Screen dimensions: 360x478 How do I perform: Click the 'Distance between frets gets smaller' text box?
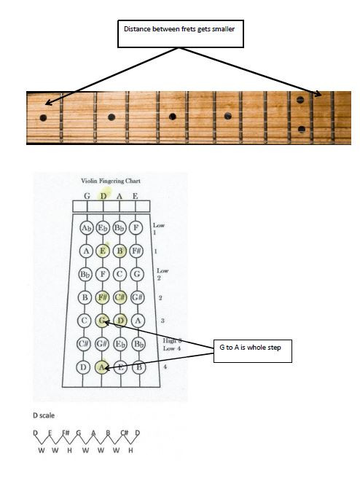pyautogui.click(x=181, y=34)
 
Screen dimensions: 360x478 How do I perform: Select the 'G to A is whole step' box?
pyautogui.click(x=252, y=351)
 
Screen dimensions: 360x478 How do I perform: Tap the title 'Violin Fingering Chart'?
pyautogui.click(x=111, y=181)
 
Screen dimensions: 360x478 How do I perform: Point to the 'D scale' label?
pyautogui.click(x=44, y=415)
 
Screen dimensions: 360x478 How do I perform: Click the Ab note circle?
pyautogui.click(x=87, y=228)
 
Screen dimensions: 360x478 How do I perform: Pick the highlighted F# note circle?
pyautogui.click(x=103, y=297)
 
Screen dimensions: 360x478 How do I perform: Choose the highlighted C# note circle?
pyautogui.click(x=120, y=297)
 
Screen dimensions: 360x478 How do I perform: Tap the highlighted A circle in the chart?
pyautogui.click(x=101, y=367)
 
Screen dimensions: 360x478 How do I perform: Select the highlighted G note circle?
pyautogui.click(x=102, y=321)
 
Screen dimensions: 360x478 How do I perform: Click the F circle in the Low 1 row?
pyautogui.click(x=136, y=227)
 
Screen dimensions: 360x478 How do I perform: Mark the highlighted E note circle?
pyautogui.click(x=103, y=251)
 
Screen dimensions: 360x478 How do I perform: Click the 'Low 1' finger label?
pyautogui.click(x=159, y=229)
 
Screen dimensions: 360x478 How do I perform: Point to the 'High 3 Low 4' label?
pyautogui.click(x=172, y=345)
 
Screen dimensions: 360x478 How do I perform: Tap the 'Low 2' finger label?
pyautogui.click(x=163, y=274)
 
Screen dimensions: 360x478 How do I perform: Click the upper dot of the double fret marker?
pyautogui.click(x=300, y=100)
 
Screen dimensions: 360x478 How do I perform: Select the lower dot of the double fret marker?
pyautogui.click(x=302, y=129)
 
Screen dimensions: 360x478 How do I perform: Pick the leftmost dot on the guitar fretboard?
pyautogui.click(x=43, y=117)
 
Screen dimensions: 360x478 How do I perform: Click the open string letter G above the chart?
pyautogui.click(x=87, y=196)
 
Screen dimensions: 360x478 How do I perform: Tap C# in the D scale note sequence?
pyautogui.click(x=125, y=433)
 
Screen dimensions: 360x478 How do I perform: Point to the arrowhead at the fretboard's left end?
pyautogui.click(x=47, y=103)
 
